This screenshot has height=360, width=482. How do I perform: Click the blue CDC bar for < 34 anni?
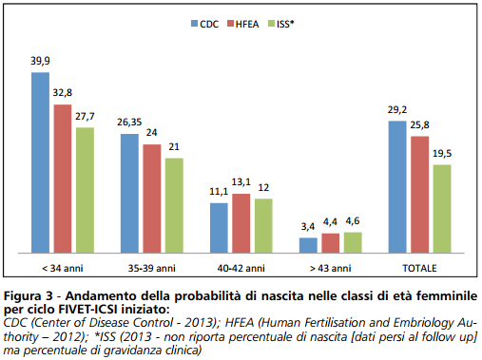[40, 161]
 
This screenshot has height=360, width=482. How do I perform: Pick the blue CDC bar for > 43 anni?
[308, 245]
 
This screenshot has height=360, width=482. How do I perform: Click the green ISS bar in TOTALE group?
[441, 209]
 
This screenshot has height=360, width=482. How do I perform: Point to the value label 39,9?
[40, 62]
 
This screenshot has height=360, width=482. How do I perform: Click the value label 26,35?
[128, 123]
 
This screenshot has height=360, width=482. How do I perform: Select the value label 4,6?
[353, 221]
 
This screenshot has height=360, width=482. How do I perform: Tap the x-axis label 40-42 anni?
[241, 268]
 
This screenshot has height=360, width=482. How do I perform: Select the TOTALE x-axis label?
[419, 268]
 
